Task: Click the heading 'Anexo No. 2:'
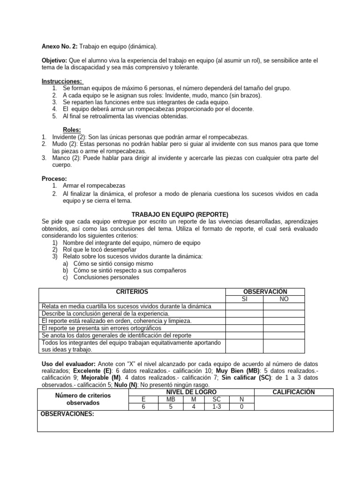coord(60,47)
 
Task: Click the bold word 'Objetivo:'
coord(55,61)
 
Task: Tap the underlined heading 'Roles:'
coord(72,130)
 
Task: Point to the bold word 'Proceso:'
coord(54,179)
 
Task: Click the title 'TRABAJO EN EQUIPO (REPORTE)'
coord(180,214)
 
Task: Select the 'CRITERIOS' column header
coord(132,292)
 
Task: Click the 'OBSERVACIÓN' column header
coord(265,292)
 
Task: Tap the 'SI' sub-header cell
coord(244,299)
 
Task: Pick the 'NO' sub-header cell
coord(284,299)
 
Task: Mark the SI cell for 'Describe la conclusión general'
coord(244,313)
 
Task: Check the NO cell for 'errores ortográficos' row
coord(284,328)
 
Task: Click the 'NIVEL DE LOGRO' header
coord(191,392)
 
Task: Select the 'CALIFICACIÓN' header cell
coord(293,392)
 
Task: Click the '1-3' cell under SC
coord(216,406)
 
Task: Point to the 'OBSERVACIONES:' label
coord(67,414)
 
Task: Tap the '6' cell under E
coord(143,406)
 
